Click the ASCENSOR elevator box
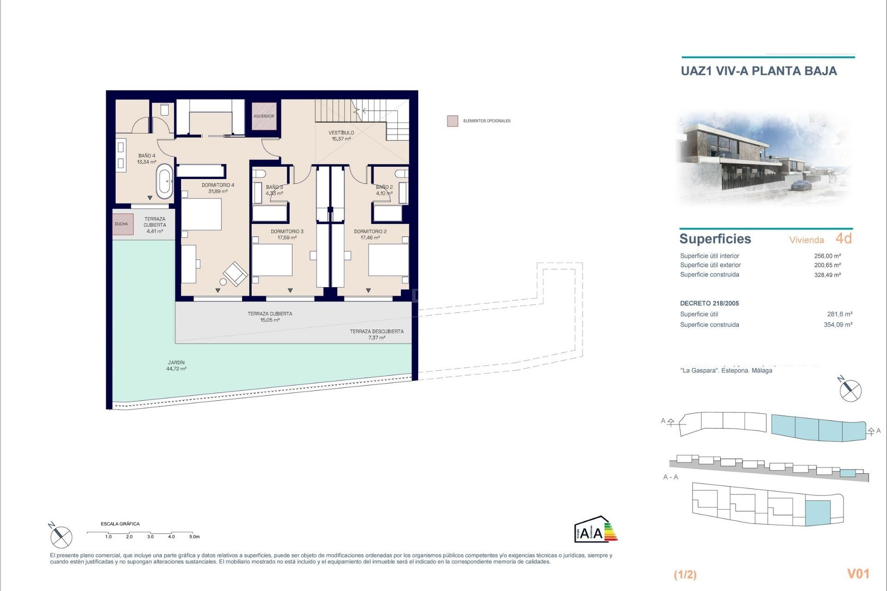pos(264,116)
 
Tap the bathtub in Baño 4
pos(164,183)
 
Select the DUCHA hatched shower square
pos(122,224)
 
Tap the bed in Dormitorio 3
pos(272,260)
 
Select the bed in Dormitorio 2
pos(389,260)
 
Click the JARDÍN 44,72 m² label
pos(176,366)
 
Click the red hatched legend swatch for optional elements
pos(452,121)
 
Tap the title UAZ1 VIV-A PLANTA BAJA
pos(759,71)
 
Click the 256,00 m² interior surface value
pos(827,256)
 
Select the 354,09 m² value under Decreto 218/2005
pos(838,325)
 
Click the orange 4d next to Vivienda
pos(844,238)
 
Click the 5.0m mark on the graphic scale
pos(194,537)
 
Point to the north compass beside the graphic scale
pos(61,537)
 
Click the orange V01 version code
pos(858,573)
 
